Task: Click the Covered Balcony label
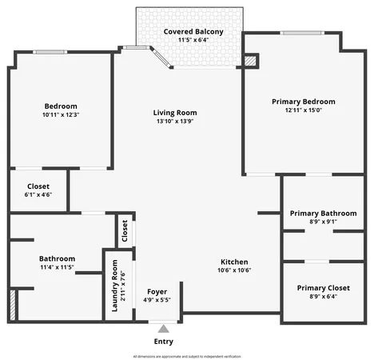click(193, 31)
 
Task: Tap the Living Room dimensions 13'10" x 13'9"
click(175, 123)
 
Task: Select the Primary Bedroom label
click(303, 102)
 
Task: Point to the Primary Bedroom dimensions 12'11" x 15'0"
click(303, 112)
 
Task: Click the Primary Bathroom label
click(323, 214)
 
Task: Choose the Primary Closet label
click(323, 288)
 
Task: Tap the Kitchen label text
click(234, 262)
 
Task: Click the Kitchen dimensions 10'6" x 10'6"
click(234, 271)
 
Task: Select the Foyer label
click(157, 291)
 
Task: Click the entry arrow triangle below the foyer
click(163, 328)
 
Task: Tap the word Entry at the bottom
click(163, 342)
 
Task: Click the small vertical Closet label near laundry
click(125, 230)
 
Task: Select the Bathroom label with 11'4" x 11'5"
click(57, 258)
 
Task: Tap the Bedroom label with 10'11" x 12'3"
click(61, 106)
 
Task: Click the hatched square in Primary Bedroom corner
click(251, 61)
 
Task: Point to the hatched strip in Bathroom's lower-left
click(13, 305)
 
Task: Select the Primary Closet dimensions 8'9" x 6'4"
click(323, 298)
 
